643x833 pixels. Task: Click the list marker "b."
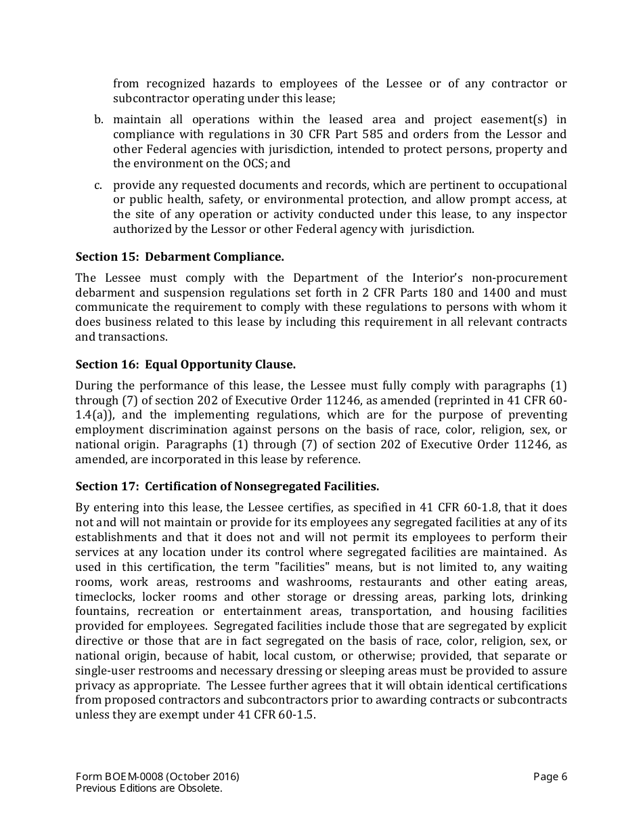click(x=98, y=120)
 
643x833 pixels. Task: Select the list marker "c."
click(x=98, y=185)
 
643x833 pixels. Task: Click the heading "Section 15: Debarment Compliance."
click(x=179, y=257)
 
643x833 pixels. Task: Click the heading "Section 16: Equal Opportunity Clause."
click(x=185, y=364)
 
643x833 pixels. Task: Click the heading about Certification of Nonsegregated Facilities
click(x=227, y=486)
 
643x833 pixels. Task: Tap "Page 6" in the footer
click(x=550, y=777)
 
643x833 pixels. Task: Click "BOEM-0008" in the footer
click(x=133, y=777)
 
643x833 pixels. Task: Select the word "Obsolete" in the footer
click(x=200, y=788)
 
